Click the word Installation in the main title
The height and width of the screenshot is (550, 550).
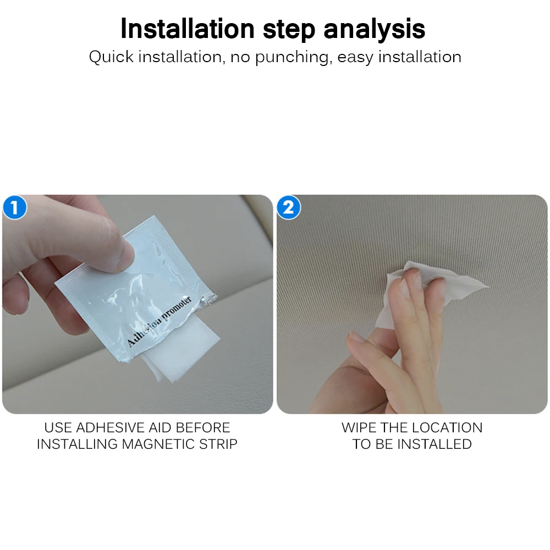click(188, 29)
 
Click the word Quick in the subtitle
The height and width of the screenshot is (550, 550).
click(111, 57)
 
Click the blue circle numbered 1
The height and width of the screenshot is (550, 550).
click(15, 207)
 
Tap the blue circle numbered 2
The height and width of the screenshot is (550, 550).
click(288, 207)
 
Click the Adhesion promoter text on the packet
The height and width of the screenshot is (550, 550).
click(159, 321)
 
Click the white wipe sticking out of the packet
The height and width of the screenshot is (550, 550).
click(180, 351)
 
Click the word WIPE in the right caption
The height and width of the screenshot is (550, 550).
click(359, 427)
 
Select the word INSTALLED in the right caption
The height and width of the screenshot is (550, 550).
click(437, 444)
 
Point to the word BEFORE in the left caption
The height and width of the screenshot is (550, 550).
click(203, 427)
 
